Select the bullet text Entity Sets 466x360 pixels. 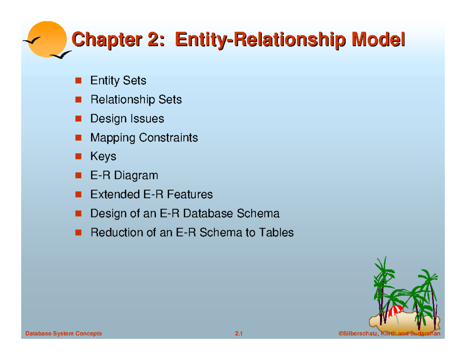(x=118, y=81)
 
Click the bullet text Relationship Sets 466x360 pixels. (x=136, y=100)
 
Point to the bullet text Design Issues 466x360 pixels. (x=127, y=118)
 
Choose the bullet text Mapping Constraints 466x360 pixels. (x=144, y=137)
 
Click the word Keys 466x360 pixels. (x=103, y=157)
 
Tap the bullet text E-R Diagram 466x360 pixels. (x=124, y=176)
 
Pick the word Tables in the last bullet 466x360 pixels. (x=276, y=233)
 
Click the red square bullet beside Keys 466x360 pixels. (x=78, y=156)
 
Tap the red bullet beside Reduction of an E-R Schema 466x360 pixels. (x=78, y=232)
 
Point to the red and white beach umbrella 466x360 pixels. (x=395, y=310)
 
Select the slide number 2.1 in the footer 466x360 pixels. (x=238, y=334)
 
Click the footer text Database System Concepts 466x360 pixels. (x=63, y=334)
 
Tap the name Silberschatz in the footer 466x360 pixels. (x=359, y=334)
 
